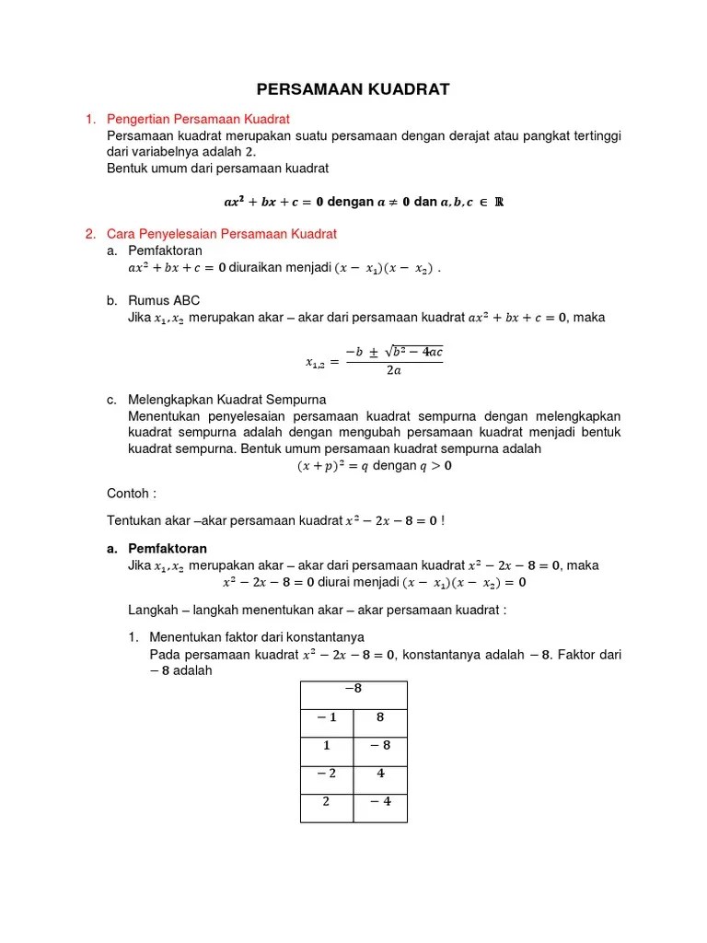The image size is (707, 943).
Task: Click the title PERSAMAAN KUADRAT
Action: (353, 89)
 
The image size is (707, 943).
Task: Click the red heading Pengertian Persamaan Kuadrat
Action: (198, 120)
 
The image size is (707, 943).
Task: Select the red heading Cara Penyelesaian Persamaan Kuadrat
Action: (222, 234)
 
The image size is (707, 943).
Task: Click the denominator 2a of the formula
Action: (393, 371)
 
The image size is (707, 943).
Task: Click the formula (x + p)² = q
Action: (331, 466)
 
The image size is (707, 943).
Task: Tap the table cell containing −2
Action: (327, 774)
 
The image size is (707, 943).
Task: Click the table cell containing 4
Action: (380, 774)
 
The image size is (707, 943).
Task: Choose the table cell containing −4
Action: (380, 802)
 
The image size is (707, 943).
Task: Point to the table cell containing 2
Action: (327, 802)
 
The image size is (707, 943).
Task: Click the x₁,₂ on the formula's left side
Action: (318, 363)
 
